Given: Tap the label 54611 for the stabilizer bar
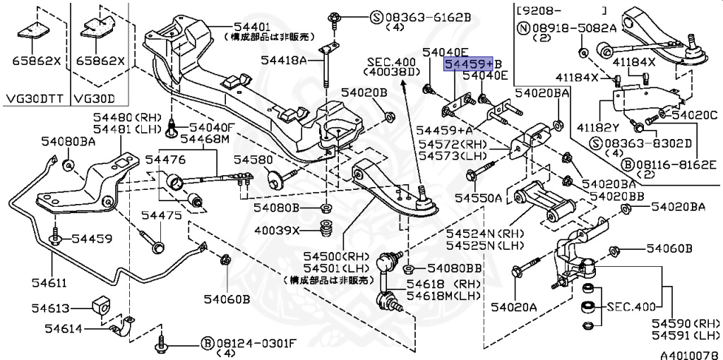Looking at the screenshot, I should pos(47,283).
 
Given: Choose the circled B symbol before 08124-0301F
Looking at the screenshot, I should pos(207,343).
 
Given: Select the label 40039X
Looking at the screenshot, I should pos(277,230).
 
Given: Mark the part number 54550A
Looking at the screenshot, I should pos(478,198).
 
